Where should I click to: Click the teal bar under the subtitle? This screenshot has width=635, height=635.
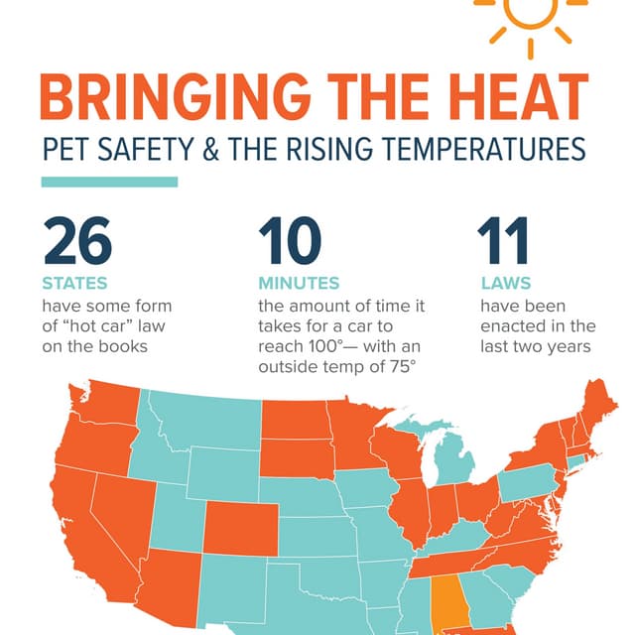(109, 182)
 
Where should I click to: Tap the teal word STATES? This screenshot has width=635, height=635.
(74, 284)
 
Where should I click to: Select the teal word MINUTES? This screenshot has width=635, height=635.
(299, 284)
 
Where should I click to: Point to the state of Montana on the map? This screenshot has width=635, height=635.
(198, 422)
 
